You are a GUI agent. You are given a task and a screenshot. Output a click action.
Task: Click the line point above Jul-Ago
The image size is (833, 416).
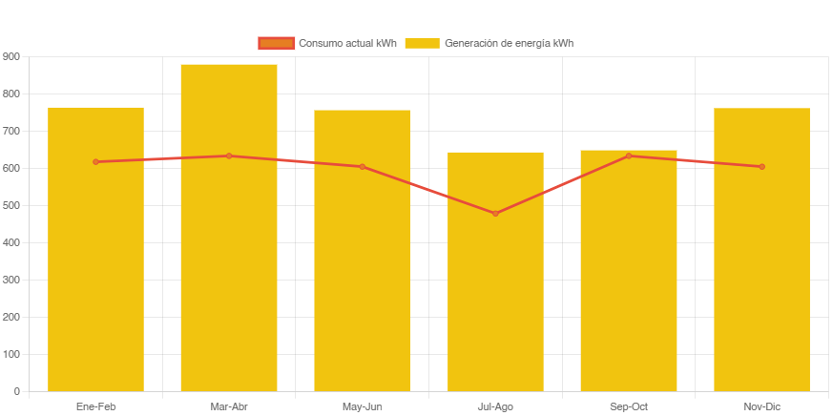click(x=495, y=213)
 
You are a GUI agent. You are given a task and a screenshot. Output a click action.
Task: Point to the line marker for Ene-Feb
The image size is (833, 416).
click(x=95, y=162)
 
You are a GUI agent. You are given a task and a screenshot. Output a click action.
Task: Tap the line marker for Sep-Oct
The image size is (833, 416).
click(x=629, y=156)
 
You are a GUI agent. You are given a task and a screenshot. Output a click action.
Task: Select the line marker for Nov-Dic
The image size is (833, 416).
click(x=761, y=167)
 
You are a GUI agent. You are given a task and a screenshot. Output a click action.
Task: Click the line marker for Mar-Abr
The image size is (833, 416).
click(x=229, y=156)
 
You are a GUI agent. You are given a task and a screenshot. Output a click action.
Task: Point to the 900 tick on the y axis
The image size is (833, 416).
click(x=10, y=56)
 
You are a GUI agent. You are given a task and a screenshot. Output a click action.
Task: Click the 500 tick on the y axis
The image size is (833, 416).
click(x=10, y=205)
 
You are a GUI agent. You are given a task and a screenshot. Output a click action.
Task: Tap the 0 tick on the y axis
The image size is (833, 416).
click(x=16, y=391)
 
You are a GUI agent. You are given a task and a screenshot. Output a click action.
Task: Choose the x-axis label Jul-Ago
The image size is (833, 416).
click(x=495, y=407)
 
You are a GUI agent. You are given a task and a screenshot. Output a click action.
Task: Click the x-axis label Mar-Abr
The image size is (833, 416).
click(x=229, y=407)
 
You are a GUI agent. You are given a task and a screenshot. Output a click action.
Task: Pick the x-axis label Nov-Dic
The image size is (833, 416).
click(x=761, y=407)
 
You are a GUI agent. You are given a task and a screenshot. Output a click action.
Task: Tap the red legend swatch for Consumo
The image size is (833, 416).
click(x=276, y=43)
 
